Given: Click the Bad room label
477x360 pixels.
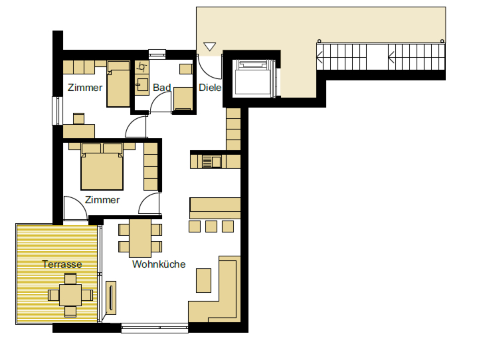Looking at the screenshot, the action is (x=161, y=88).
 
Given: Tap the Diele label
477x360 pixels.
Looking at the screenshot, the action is (x=210, y=88).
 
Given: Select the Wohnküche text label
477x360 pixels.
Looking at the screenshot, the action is (x=159, y=264).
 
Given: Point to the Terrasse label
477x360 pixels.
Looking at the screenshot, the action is (x=62, y=264).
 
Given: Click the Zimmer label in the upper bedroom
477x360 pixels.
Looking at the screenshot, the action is (x=85, y=88).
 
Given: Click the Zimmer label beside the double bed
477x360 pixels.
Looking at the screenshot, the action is (x=102, y=200).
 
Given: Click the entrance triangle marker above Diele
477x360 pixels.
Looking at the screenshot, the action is (x=209, y=46).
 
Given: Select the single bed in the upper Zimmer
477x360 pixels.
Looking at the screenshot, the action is (x=118, y=84).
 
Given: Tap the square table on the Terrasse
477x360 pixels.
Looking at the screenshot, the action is (x=70, y=295).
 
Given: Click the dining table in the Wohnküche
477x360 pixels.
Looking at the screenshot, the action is (x=140, y=238).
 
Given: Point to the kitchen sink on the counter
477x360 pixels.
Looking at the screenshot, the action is (x=212, y=161).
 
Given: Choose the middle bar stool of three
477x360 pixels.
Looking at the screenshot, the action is (x=211, y=226).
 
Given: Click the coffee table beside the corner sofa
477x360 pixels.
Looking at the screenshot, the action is (x=203, y=280).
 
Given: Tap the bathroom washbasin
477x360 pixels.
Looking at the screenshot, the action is (x=142, y=85).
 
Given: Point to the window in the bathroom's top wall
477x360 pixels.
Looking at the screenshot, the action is (x=157, y=54).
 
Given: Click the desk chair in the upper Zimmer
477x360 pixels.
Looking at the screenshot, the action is (x=78, y=119).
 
